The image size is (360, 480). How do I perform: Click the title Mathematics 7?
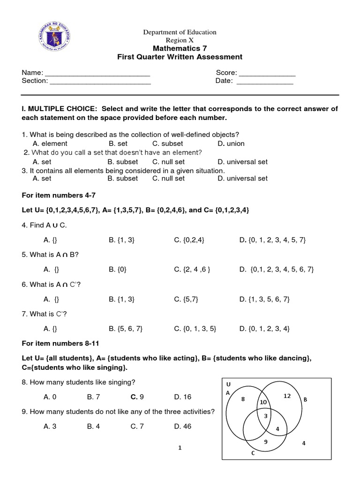pyautogui.click(x=180, y=48)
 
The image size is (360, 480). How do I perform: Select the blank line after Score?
pyautogui.click(x=267, y=73)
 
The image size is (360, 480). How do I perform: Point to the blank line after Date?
pyautogui.click(x=264, y=81)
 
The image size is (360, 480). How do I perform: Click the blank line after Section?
pyautogui.click(x=100, y=81)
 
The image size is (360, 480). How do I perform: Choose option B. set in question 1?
pyautogui.click(x=118, y=143)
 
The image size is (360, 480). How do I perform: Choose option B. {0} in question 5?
pyautogui.click(x=118, y=269)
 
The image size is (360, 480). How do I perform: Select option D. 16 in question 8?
pyautogui.click(x=182, y=397)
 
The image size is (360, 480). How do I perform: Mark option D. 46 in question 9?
pyautogui.click(x=182, y=426)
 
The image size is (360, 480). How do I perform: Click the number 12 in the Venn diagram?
pyautogui.click(x=287, y=396)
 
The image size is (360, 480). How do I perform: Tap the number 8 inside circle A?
pyautogui.click(x=243, y=399)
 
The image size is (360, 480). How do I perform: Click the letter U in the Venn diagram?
pyautogui.click(x=228, y=384)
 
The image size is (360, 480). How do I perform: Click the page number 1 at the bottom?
pyautogui.click(x=180, y=448)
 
